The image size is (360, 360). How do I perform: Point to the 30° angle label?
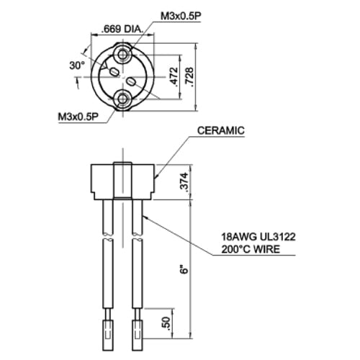point(76,66)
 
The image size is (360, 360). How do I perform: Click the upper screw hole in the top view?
point(127,53)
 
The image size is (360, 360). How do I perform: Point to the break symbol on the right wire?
point(137,240)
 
